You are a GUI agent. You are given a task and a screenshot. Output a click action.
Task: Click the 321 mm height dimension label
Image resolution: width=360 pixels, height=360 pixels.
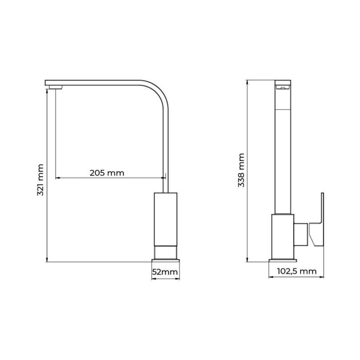pos(41,181)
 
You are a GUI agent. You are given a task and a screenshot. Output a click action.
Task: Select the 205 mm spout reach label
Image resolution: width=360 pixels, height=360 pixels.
pos(107,173)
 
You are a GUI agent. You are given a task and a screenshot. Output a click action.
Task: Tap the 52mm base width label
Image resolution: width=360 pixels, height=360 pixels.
pos(166,272)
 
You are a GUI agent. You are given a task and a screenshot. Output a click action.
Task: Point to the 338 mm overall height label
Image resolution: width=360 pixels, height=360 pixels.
pos(241,170)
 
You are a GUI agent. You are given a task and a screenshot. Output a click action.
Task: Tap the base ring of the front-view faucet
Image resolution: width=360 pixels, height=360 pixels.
pos(166,252)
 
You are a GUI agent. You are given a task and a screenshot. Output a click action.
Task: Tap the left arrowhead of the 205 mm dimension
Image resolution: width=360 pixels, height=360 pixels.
pos(57,178)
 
